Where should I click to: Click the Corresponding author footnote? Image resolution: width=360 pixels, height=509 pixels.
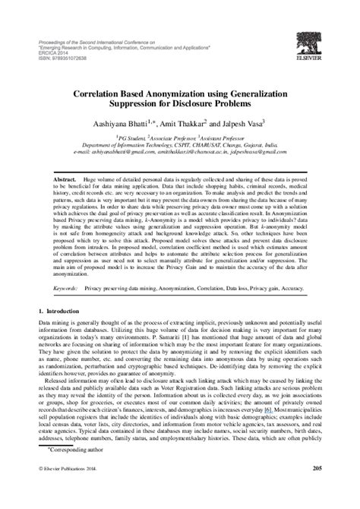coord(69,472)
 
